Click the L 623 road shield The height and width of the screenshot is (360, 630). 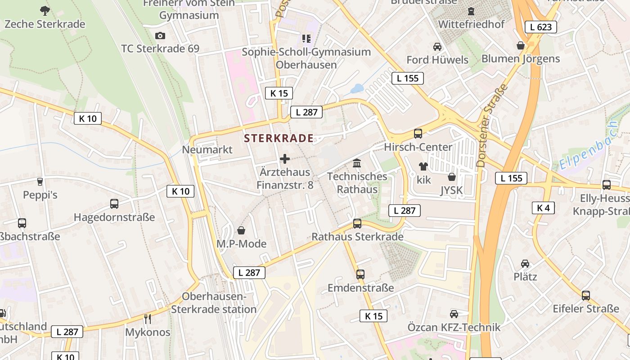click(x=540, y=27)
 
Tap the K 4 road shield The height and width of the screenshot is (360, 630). click(x=543, y=208)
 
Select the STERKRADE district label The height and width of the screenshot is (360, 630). click(x=279, y=138)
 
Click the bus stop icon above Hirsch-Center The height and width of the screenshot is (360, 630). click(x=418, y=134)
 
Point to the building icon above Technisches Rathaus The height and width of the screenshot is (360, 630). click(x=357, y=163)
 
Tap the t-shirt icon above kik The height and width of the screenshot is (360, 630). click(x=423, y=166)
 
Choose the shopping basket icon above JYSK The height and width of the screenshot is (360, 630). click(x=451, y=177)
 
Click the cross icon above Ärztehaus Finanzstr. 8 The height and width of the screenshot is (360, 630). click(x=285, y=159)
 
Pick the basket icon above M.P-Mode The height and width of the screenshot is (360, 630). click(x=241, y=231)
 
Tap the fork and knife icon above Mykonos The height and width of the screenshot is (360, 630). click(x=148, y=319)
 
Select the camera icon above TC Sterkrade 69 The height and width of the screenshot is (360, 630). click(x=160, y=36)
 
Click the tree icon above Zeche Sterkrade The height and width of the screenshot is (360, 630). click(x=45, y=10)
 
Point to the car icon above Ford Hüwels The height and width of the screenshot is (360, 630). click(x=437, y=47)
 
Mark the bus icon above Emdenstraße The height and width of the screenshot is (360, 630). click(x=360, y=274)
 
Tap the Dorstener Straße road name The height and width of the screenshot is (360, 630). click(x=493, y=126)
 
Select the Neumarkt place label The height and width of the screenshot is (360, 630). click(x=207, y=149)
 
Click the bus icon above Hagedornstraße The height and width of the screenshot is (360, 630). click(x=114, y=204)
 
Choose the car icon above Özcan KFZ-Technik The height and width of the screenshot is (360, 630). click(x=454, y=314)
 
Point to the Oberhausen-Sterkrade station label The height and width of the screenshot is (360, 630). click(x=214, y=303)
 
